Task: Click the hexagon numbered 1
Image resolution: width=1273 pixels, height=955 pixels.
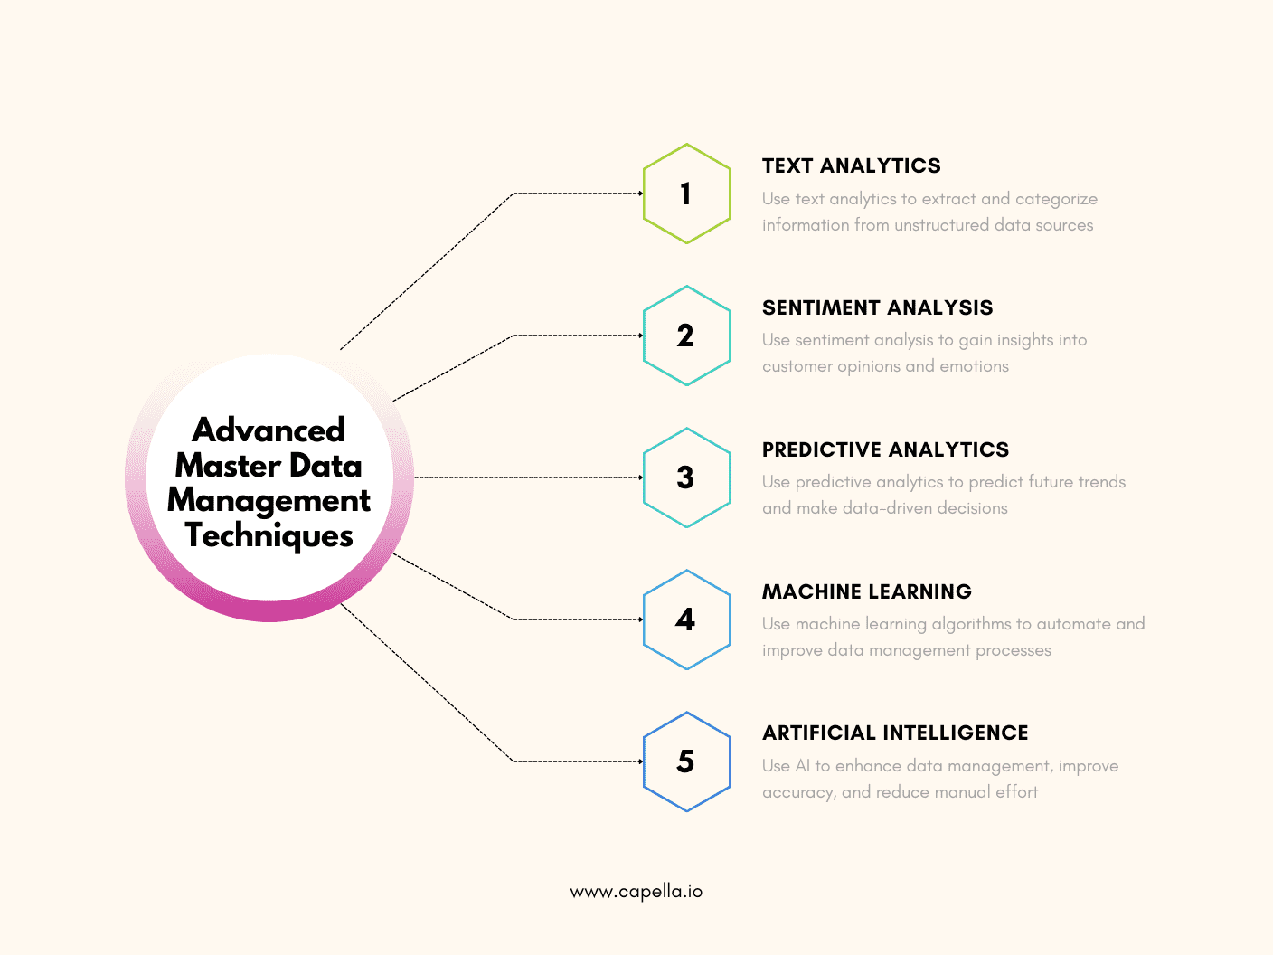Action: tap(686, 194)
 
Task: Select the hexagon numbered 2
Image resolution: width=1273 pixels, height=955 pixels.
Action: tap(686, 336)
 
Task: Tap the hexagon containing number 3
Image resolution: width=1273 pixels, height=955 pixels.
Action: tap(686, 477)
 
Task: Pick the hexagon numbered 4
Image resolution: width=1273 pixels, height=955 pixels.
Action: tap(686, 619)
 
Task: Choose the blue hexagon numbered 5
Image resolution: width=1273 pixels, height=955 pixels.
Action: tap(686, 761)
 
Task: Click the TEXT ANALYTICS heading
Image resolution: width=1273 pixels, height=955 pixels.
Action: tap(851, 166)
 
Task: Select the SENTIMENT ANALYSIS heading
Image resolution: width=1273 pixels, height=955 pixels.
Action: tap(877, 308)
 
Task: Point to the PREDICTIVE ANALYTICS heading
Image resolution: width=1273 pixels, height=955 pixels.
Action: tap(885, 450)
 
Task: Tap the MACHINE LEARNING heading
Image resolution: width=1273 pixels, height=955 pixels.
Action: tap(866, 592)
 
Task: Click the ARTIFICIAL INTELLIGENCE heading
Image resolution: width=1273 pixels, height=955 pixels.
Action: tap(895, 733)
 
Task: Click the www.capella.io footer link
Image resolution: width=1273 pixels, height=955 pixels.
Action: tap(636, 892)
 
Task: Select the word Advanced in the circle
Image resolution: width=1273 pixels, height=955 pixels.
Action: tap(269, 430)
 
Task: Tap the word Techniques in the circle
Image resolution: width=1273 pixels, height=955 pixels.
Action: tap(269, 535)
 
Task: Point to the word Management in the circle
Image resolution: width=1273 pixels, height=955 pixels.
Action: tap(269, 500)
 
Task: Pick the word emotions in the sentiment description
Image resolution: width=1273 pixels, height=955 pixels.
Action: tap(974, 366)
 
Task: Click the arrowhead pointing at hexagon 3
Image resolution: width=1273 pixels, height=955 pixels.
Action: tap(640, 477)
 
